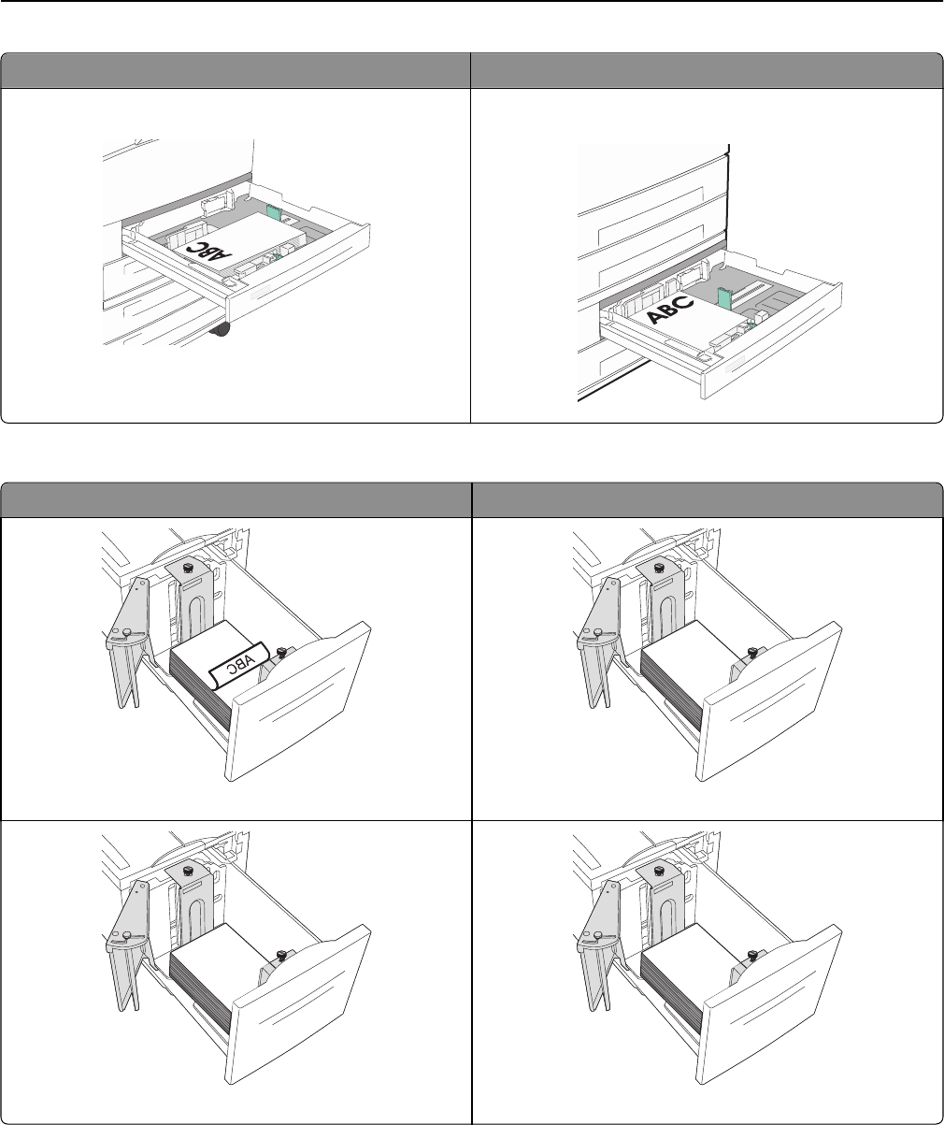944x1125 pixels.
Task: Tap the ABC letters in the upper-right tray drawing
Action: (x=671, y=310)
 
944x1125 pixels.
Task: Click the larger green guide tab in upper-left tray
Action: (x=272, y=212)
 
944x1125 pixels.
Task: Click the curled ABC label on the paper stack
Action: (x=239, y=665)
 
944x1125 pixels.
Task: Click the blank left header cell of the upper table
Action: (x=236, y=70)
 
